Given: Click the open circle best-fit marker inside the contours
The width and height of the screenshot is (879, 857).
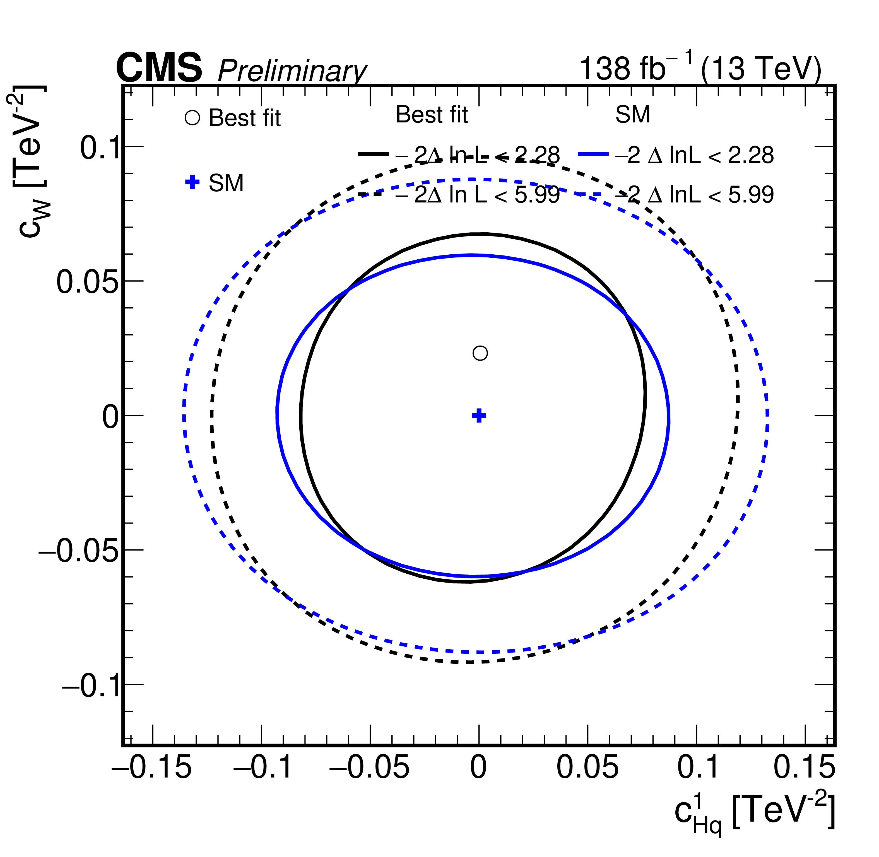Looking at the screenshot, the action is pos(480,353).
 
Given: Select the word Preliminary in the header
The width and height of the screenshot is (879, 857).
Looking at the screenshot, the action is pos(292,71).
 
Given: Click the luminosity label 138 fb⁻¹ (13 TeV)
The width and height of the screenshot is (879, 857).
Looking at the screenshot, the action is pos(700,67).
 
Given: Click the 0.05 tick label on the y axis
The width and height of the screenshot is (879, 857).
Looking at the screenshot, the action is pos(87,282).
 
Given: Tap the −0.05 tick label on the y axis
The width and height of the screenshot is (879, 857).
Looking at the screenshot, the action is pos(79,551).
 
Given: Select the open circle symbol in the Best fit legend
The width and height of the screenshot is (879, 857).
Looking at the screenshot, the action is pos(192,118).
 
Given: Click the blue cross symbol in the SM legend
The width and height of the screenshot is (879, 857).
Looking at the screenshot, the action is pos(192,182).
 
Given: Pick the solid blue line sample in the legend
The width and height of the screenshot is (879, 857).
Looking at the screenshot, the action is pos(594,154).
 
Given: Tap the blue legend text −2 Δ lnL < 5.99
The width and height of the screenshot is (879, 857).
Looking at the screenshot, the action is pos(695,194).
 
